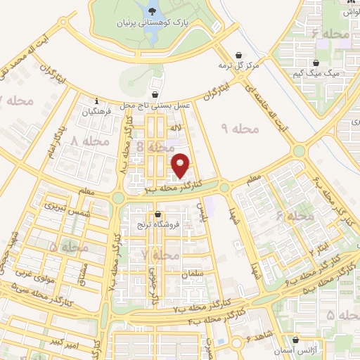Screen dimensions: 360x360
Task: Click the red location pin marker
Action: (x=181, y=165)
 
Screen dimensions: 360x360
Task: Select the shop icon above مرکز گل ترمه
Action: (x=240, y=55)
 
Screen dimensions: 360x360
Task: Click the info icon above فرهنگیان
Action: (x=97, y=101)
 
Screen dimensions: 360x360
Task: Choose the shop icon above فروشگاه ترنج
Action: (x=157, y=215)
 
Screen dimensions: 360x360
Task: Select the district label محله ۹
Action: (x=240, y=129)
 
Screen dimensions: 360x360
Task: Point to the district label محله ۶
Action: (x=295, y=217)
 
